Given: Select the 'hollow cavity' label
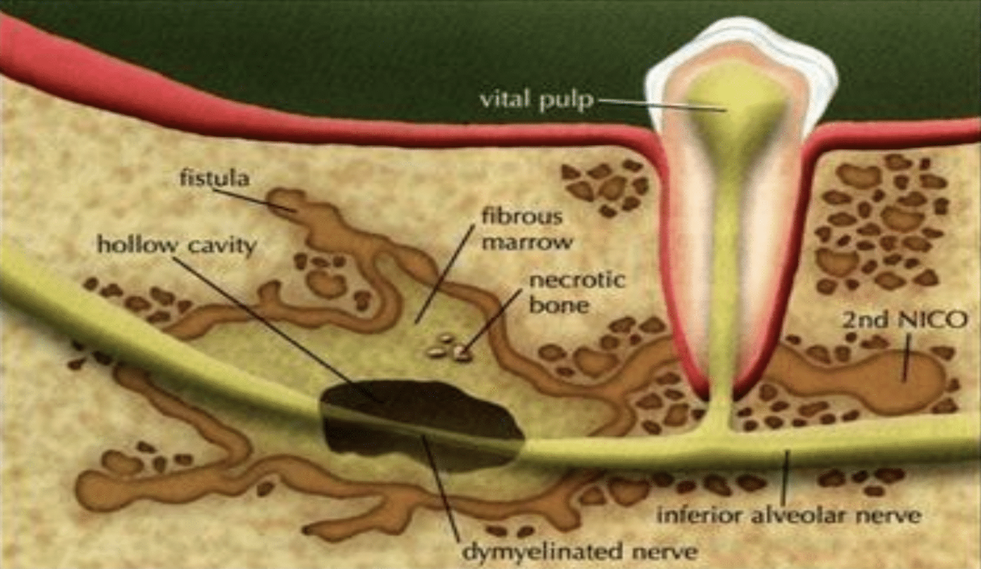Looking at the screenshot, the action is point(176,244).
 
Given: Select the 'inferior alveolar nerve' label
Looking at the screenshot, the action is point(788,515).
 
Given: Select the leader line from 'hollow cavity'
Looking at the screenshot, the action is point(279,328).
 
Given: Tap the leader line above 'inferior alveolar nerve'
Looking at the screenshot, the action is point(786,476).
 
